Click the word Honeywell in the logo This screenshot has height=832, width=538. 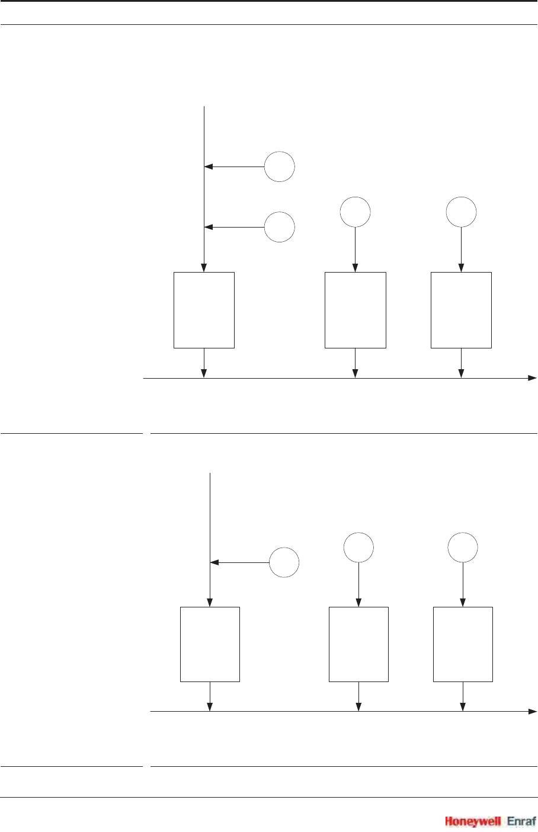[x=473, y=821]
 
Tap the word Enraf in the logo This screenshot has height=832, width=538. [x=521, y=821]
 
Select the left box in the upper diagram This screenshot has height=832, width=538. [x=204, y=310]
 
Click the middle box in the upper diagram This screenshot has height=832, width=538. [x=356, y=310]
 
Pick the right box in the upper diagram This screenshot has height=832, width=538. [x=461, y=310]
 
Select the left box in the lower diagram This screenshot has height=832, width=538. [x=210, y=644]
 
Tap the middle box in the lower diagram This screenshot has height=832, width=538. [x=358, y=644]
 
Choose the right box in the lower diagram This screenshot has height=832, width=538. [x=463, y=644]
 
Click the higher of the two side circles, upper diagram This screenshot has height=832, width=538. [x=280, y=167]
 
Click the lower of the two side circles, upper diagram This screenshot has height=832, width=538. [x=280, y=226]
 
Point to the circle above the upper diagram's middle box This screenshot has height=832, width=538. [x=356, y=212]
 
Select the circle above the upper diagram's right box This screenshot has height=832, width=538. [x=461, y=212]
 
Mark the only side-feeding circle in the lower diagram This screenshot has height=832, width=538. [x=284, y=562]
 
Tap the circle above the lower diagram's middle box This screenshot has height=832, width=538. [x=358, y=547]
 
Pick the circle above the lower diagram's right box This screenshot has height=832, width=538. [x=463, y=547]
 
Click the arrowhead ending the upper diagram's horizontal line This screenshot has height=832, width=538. [x=532, y=377]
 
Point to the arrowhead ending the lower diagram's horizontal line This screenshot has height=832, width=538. [x=532, y=711]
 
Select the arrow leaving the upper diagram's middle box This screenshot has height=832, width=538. [x=356, y=363]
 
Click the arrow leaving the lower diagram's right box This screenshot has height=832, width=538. [x=463, y=696]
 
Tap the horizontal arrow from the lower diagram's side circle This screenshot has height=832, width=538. [x=240, y=562]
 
